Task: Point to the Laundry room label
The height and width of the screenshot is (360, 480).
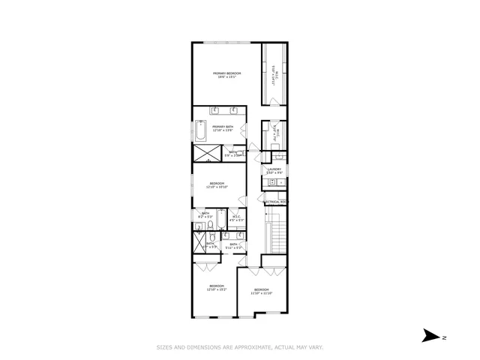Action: coord(274,171)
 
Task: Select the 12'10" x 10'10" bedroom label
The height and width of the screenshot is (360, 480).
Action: coord(217,185)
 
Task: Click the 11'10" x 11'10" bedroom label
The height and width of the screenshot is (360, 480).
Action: coord(261,292)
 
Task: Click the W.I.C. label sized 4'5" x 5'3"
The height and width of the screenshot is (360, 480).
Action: coord(235,218)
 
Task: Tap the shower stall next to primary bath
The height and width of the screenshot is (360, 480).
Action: coord(205,153)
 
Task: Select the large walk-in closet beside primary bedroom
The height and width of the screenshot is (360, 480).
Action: coord(274,75)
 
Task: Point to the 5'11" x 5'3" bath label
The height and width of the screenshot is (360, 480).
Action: coord(234,244)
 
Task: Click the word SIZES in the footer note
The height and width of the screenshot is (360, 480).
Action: coord(164,347)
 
